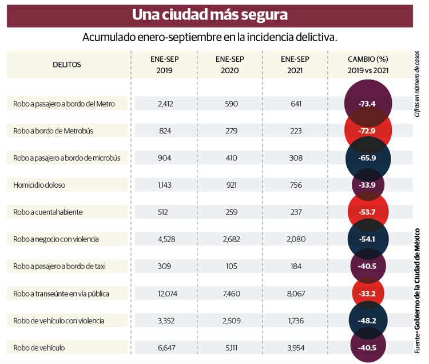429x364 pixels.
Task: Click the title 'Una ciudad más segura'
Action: pyautogui.click(x=209, y=15)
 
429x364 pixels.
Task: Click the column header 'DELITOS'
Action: pyautogui.click(x=67, y=64)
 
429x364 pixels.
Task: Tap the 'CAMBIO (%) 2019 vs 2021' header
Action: pyautogui.click(x=368, y=64)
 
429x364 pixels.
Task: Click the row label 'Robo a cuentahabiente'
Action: pyautogui.click(x=48, y=212)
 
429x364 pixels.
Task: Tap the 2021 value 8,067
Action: pyautogui.click(x=295, y=293)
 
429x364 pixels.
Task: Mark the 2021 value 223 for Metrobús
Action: pyautogui.click(x=295, y=130)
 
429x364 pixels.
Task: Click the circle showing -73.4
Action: pyautogui.click(x=368, y=104)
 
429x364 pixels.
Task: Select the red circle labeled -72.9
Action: pyautogui.click(x=368, y=131)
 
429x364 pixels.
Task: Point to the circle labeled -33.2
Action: pyautogui.click(x=368, y=294)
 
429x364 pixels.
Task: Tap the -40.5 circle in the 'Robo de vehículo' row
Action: pyautogui.click(x=368, y=347)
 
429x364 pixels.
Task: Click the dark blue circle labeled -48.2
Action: pyautogui.click(x=368, y=321)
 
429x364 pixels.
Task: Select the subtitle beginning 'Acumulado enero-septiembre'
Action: pyautogui.click(x=209, y=38)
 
